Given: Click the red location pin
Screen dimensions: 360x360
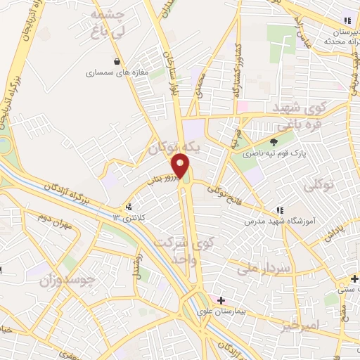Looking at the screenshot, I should (181, 165).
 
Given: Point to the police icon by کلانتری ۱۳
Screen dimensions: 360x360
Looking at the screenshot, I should (129, 207).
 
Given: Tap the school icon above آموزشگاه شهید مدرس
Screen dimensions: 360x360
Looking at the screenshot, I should (280, 210).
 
